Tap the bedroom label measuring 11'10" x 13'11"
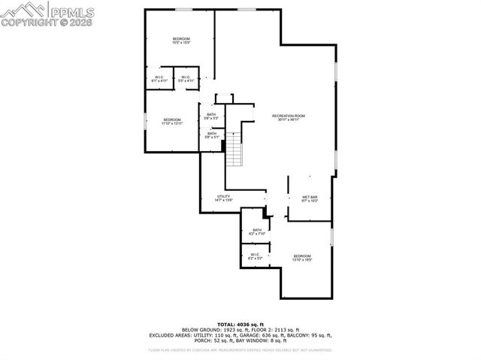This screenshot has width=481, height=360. click(x=173, y=122)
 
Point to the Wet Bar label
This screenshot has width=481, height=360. click(x=310, y=199)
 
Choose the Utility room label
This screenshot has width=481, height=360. click(x=223, y=198)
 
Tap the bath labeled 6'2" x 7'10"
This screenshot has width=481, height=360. click(x=257, y=231)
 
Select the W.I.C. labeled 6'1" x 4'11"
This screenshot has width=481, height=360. click(x=159, y=79)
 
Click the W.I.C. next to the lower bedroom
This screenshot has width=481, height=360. click(x=256, y=256)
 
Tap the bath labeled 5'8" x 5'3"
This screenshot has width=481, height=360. click(x=211, y=116)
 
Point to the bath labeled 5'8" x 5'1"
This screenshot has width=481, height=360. click(x=211, y=135)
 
